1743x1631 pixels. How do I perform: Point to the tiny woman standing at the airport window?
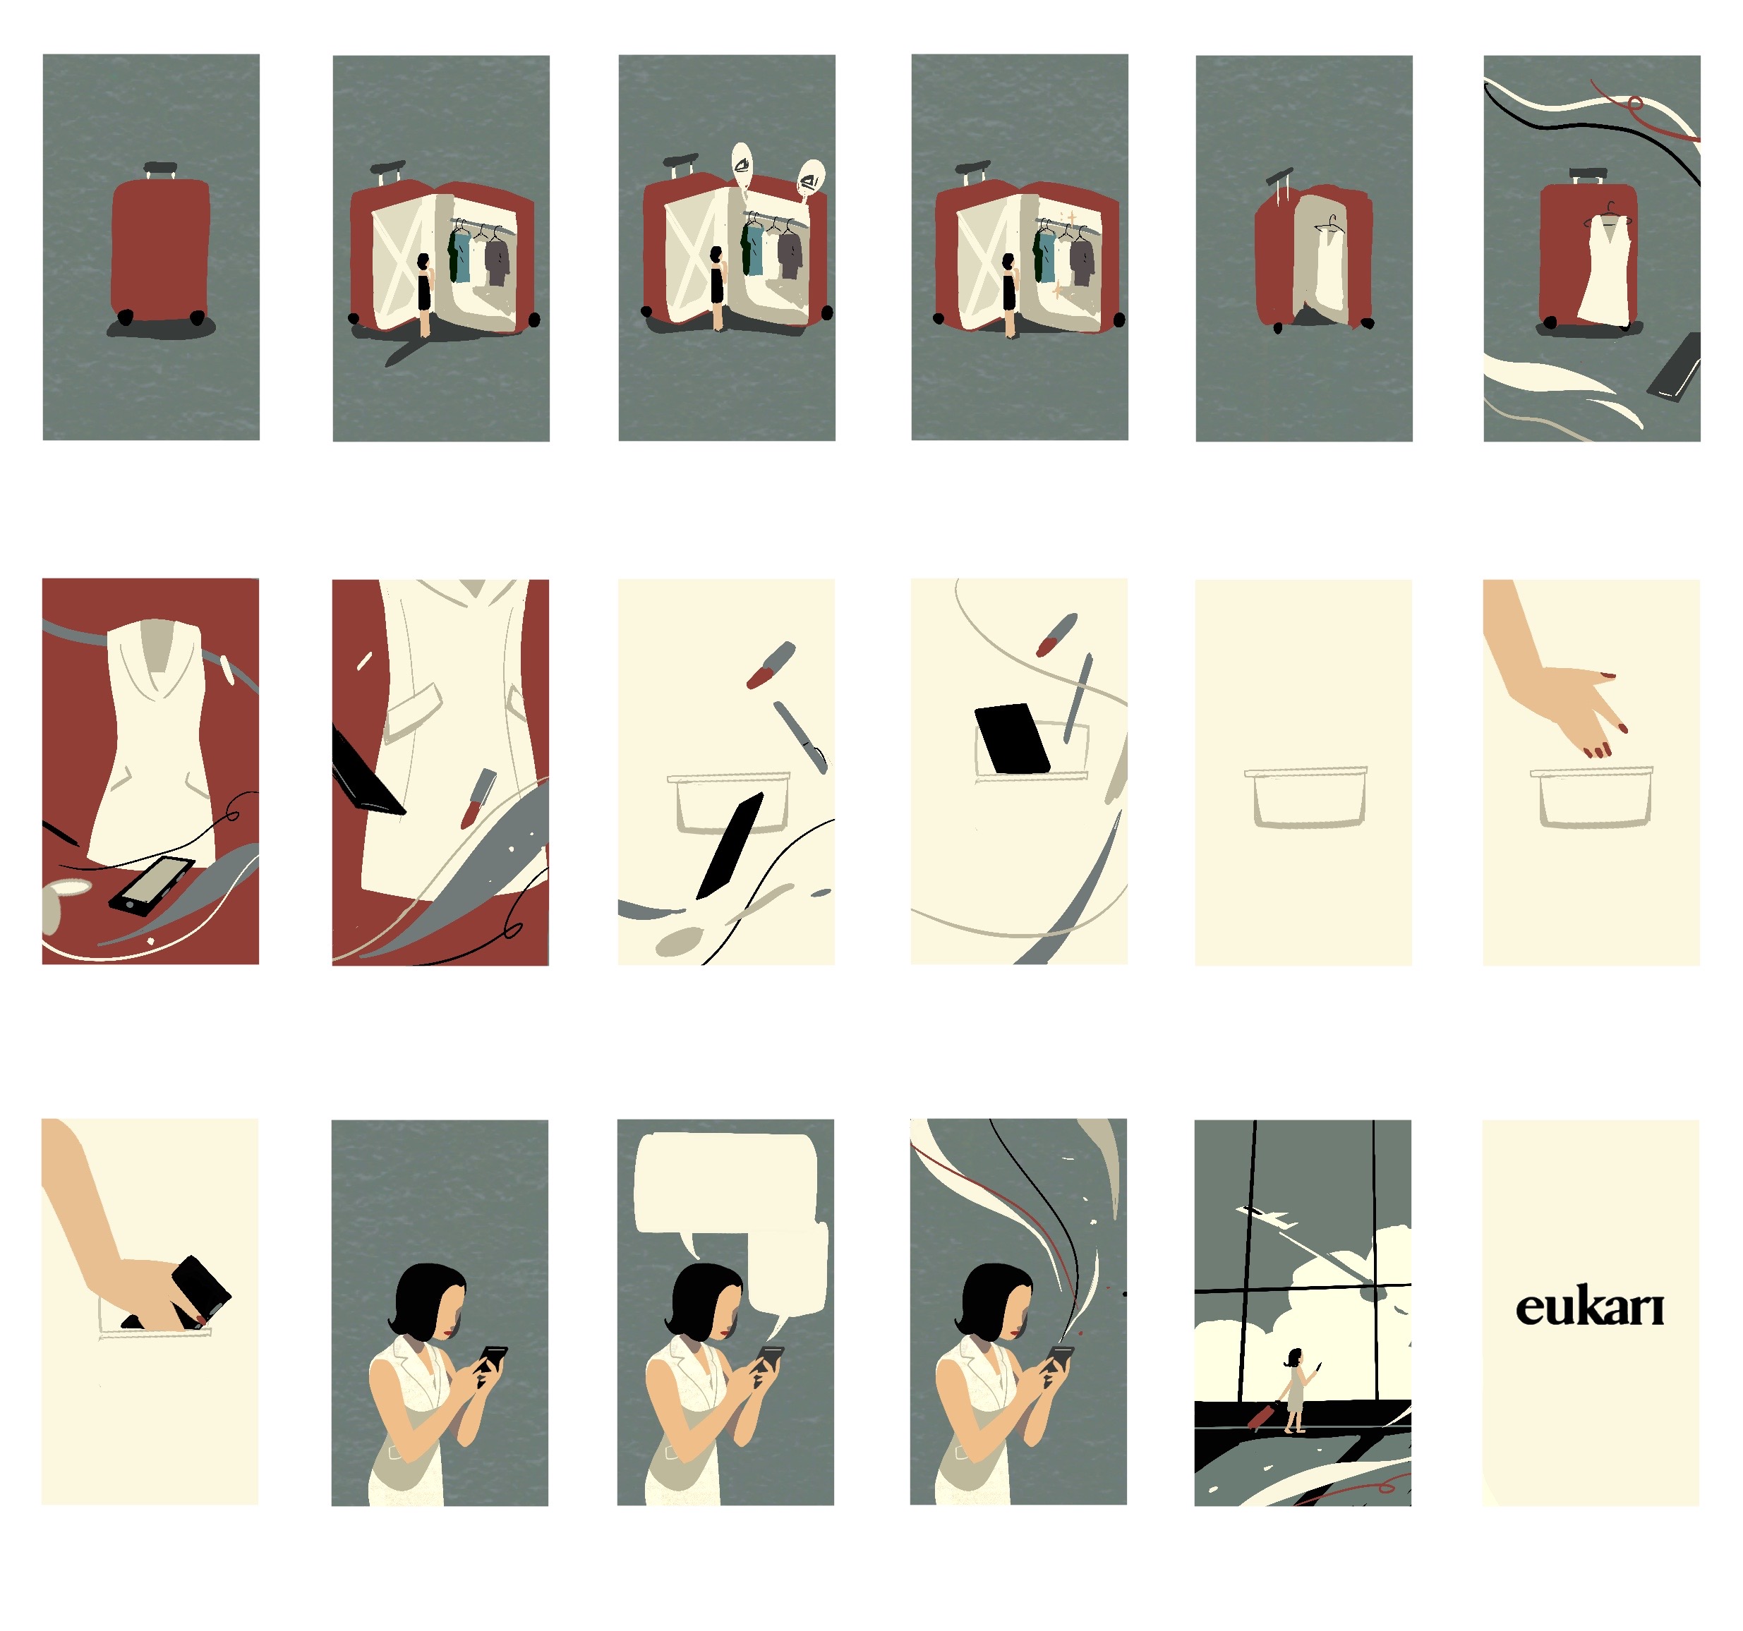(1295, 1390)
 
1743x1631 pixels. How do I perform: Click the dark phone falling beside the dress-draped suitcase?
(1675, 368)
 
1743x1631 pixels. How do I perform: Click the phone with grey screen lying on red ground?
(152, 886)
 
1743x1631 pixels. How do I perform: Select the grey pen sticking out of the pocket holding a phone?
(1078, 698)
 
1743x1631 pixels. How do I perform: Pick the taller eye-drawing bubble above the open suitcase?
(742, 166)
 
